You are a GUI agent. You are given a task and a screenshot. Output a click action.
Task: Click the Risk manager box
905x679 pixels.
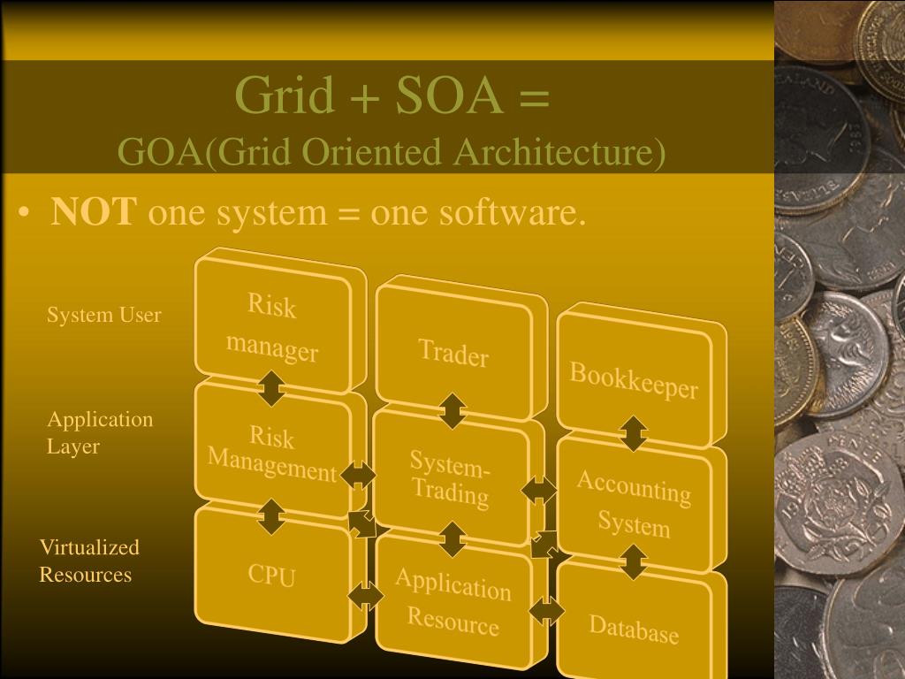[272, 328]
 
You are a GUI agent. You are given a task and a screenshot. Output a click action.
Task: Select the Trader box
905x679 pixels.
[453, 354]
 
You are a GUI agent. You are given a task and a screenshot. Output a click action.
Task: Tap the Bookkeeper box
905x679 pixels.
[634, 379]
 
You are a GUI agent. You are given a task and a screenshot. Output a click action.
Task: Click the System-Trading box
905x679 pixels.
[451, 478]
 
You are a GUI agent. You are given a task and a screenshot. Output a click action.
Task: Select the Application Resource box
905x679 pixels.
[452, 602]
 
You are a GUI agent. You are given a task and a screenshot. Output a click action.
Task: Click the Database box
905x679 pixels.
[634, 629]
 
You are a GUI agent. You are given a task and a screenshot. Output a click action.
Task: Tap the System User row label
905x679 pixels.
[104, 315]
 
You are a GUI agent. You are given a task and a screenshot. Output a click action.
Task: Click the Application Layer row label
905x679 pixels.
[99, 432]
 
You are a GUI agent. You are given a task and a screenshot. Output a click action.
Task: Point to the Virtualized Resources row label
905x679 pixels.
[88, 561]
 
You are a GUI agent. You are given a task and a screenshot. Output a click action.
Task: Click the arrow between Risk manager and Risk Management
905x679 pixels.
[271, 388]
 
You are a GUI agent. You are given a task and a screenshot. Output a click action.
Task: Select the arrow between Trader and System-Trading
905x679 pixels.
[452, 411]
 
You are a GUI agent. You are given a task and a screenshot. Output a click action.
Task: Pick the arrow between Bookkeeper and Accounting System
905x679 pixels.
[634, 433]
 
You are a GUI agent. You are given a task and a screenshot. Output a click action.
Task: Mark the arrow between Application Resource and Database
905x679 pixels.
[547, 609]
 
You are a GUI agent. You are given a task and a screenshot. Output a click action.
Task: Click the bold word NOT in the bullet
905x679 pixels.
[95, 212]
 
